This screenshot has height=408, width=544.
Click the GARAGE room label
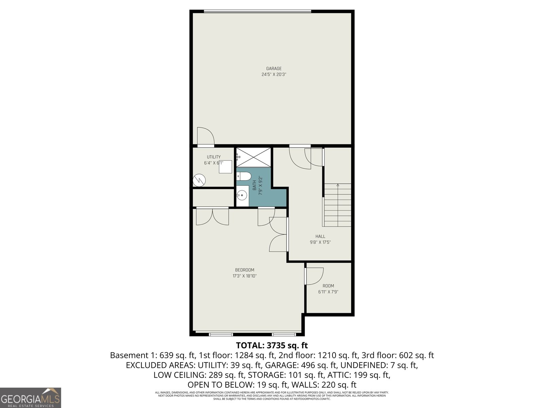coord(274,69)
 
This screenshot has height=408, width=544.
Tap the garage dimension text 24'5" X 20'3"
coord(274,74)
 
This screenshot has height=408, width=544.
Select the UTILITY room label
coord(214,157)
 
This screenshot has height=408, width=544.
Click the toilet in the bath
coord(244,176)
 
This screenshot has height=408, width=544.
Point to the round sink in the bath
coord(242,195)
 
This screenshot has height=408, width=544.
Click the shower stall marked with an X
coord(254,157)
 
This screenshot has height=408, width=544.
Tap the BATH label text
coord(254,185)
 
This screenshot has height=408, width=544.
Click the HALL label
coord(320,236)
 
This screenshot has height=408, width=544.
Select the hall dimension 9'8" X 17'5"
coord(320,242)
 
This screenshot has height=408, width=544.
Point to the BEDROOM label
coord(244,270)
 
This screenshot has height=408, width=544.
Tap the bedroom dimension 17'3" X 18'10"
coord(244,276)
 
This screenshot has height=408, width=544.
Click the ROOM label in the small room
coord(328,286)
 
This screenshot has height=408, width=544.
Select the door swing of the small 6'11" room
coord(314,276)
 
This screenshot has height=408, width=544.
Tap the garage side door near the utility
coord(205,136)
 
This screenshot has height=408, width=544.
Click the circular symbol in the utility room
coord(199,180)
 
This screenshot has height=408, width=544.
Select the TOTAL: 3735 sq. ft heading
coord(272,345)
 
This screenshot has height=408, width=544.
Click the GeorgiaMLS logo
coord(31,398)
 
